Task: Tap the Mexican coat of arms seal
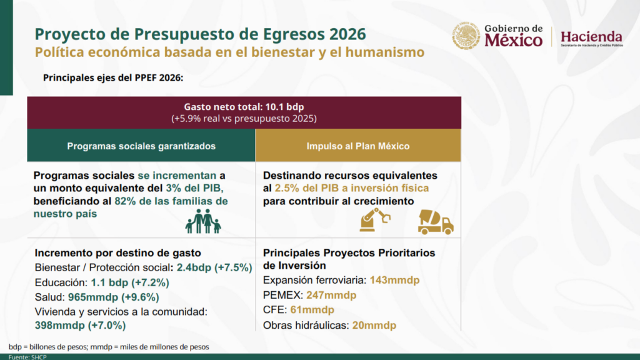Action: [466, 36]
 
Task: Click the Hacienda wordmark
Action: [591, 37]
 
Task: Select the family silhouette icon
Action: [203, 221]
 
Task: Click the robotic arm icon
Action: [374, 219]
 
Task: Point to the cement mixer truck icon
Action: [436, 222]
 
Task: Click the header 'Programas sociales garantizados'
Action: [141, 146]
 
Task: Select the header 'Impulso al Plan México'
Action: [358, 146]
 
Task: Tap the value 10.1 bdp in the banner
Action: [284, 107]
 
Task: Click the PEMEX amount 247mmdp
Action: [331, 295]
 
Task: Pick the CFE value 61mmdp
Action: [312, 310]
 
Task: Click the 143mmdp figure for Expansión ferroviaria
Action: [394, 281]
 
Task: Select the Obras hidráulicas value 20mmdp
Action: [374, 325]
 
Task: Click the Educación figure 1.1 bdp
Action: [107, 282]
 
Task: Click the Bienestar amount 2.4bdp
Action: [194, 267]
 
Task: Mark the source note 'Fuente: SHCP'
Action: [27, 357]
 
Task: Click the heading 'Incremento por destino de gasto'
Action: [118, 253]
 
